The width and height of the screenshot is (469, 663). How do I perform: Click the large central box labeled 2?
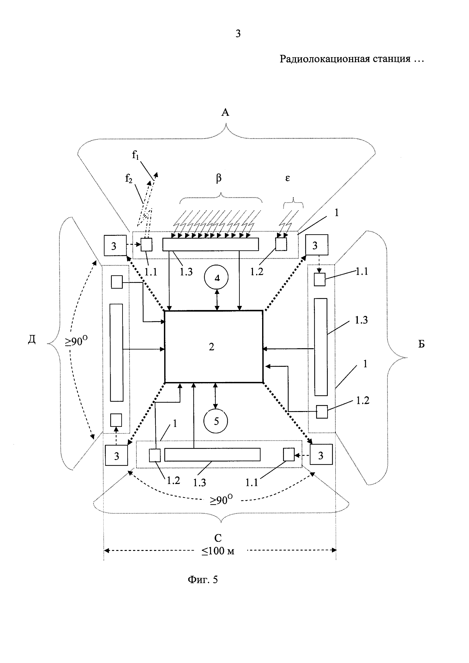tap(213, 347)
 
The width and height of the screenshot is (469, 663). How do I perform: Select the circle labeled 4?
tap(217, 278)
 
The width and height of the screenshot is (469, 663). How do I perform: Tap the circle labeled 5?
tap(216, 421)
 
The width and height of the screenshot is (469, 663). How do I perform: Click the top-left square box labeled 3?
tap(115, 245)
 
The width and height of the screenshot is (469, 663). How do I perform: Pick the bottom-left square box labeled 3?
tap(117, 455)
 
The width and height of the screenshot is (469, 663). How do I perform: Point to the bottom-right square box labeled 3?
tap(321, 455)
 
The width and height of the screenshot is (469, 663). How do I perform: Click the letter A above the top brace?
tap(225, 112)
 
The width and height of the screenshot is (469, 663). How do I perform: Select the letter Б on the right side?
tap(422, 344)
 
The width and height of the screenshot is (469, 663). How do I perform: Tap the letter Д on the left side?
tap(32, 341)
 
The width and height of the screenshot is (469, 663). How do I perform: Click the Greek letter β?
tap(219, 179)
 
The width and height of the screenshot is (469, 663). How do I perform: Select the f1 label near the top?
tap(135, 155)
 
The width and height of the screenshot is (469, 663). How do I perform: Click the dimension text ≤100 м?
tap(218, 551)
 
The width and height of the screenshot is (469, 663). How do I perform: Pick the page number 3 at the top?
tap(238, 33)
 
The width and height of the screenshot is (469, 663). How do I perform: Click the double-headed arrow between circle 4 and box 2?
tap(217, 300)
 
